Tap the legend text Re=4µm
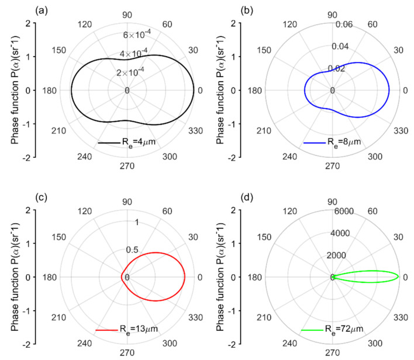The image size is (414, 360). pyautogui.click(x=139, y=142)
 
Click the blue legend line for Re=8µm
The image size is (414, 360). pyautogui.click(x=315, y=143)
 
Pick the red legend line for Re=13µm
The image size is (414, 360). pyautogui.click(x=106, y=330)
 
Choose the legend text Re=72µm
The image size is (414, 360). pyautogui.click(x=344, y=329)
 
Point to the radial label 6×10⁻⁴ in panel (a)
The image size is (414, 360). pyautogui.click(x=137, y=34)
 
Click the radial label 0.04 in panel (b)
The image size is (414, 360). pyautogui.click(x=340, y=46)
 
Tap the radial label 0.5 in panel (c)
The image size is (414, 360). pyautogui.click(x=132, y=250)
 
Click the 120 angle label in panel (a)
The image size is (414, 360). pyautogui.click(x=85, y=25)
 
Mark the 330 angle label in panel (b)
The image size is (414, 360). pyautogui.click(x=401, y=131)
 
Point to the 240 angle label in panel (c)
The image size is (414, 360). pyautogui.click(x=84, y=343)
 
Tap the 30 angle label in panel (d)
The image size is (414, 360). pyautogui.click(x=398, y=237)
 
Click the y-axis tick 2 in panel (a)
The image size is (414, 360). pyautogui.click(x=28, y=23)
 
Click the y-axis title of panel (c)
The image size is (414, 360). pyautogui.click(x=15, y=277)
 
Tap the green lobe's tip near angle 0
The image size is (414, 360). pyautogui.click(x=398, y=277)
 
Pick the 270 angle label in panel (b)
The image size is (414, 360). pyautogui.click(x=332, y=166)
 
